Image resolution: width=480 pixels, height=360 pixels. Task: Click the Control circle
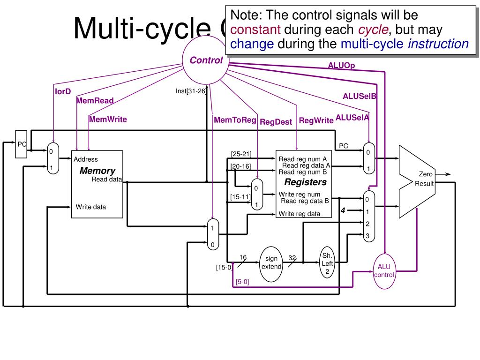coord(206,60)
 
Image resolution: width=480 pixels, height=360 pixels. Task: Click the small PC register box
coord(22,144)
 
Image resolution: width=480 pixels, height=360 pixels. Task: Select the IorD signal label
coord(63,91)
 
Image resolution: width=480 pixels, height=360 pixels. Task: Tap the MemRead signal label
coord(95,101)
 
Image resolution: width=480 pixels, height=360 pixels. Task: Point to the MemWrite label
coord(108,119)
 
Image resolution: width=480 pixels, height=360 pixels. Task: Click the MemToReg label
coord(235,120)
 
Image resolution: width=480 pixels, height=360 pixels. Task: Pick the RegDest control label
coord(276,122)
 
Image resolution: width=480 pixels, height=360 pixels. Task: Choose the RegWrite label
coord(316,120)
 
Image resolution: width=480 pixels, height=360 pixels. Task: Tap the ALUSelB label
coord(360,96)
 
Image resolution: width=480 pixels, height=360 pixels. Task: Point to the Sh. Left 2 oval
coord(327,263)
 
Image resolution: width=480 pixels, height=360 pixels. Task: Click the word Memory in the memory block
coord(97,171)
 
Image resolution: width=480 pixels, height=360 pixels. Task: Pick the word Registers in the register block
coord(305,182)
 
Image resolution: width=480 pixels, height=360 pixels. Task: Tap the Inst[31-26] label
coord(191,91)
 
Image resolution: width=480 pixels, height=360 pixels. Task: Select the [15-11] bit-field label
coord(240,197)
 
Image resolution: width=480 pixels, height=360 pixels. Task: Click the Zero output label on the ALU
coord(426,174)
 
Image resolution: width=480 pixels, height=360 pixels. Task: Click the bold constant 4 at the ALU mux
coord(343,211)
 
